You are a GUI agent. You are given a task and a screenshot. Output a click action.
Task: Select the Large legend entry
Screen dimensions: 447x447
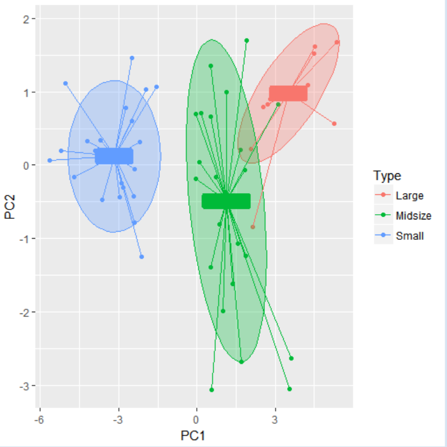tap(409, 195)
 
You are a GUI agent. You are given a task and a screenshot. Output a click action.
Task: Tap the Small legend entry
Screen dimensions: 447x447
tap(409, 236)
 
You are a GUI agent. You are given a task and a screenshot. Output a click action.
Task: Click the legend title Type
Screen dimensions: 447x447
tap(387, 176)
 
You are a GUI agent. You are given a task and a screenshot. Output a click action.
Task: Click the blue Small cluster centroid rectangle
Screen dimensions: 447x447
tap(114, 156)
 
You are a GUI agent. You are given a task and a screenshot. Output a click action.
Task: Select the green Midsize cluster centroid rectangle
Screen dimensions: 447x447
tap(226, 201)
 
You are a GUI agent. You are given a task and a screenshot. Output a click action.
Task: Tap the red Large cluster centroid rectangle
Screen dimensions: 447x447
tap(288, 93)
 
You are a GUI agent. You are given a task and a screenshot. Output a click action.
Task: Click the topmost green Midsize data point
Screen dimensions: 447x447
tap(246, 41)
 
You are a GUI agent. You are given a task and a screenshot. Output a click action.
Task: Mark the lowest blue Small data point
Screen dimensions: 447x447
tap(141, 257)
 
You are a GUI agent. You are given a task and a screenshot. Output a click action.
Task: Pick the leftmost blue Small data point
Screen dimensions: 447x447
tap(50, 160)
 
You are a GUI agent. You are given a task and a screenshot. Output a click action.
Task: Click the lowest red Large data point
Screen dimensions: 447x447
tap(253, 227)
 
